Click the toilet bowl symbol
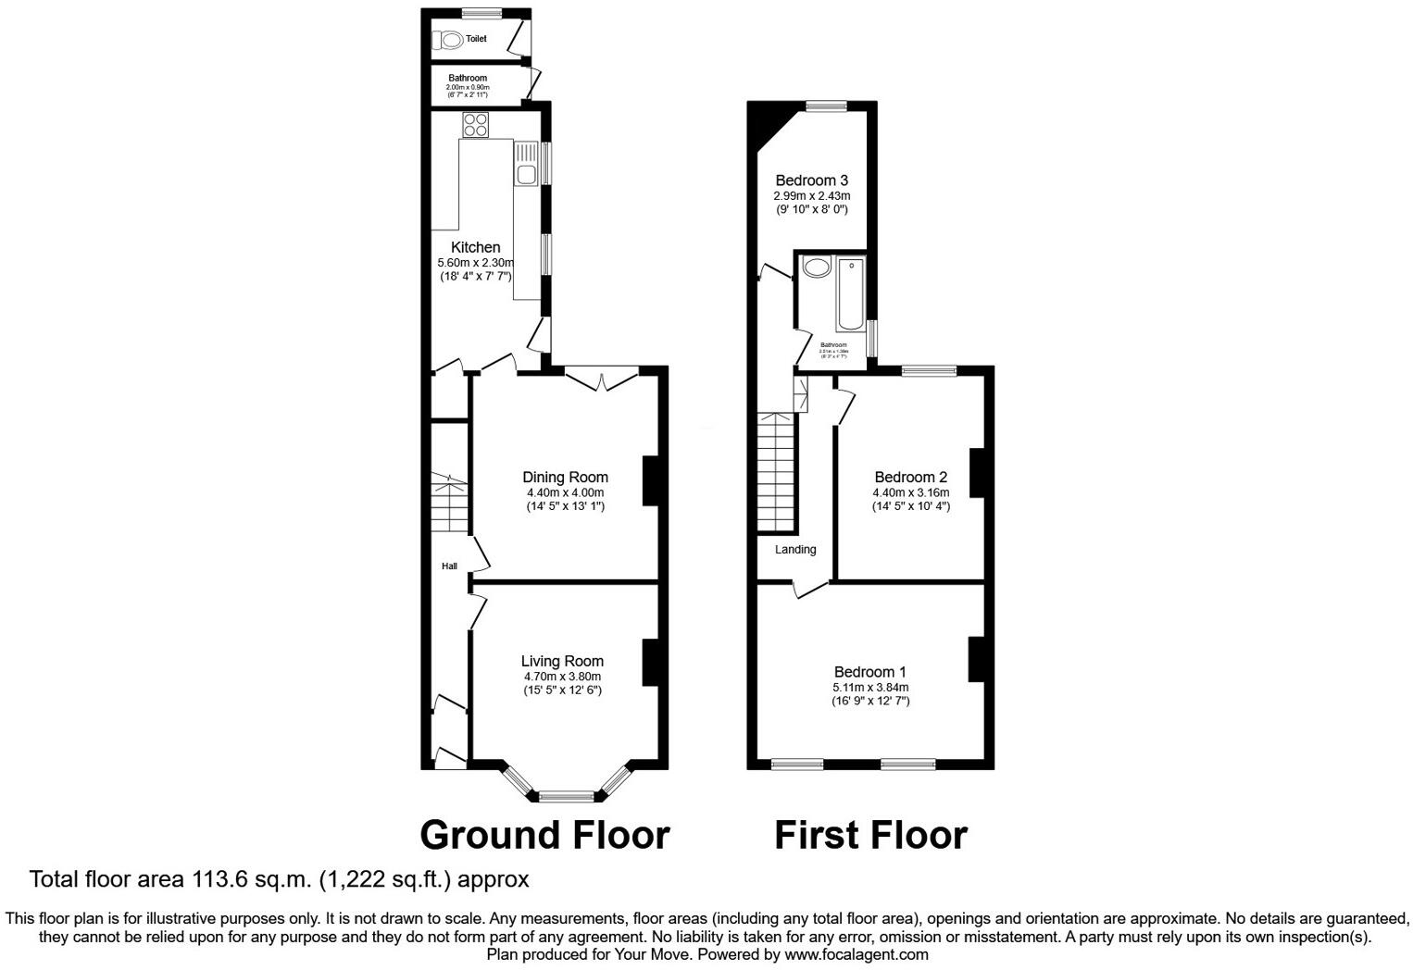tap(451, 39)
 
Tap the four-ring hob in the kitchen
tap(476, 125)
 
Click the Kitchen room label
tap(475, 247)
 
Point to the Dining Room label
tap(565, 478)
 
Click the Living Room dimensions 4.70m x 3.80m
tap(562, 677)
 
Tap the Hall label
tap(449, 566)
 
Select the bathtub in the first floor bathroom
tap(850, 295)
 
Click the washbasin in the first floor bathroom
tap(817, 268)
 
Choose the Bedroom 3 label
tap(811, 180)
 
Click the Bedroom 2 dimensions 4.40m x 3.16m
tap(910, 492)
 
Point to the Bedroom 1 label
tap(869, 672)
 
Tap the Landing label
tap(795, 550)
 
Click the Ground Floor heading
tap(544, 835)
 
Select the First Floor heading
tap(870, 835)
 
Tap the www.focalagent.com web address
tap(857, 954)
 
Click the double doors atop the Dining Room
tap(601, 379)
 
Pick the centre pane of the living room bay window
tap(567, 795)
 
